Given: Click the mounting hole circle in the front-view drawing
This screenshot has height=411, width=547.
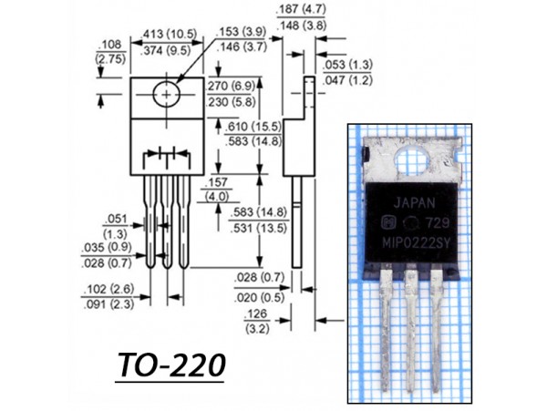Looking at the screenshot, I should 166,93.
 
